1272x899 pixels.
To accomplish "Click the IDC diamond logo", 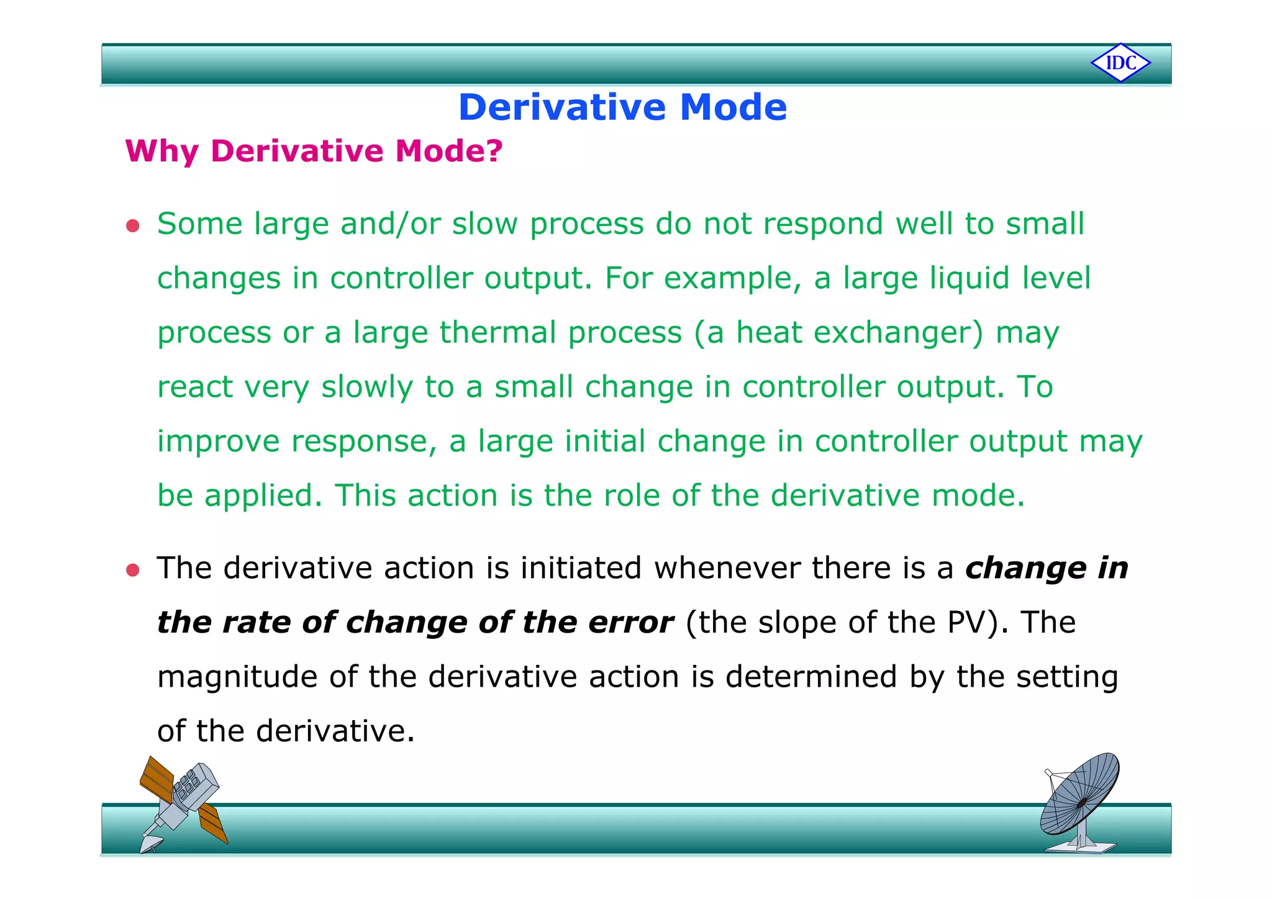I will tap(1120, 63).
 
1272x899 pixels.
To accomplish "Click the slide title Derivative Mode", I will tap(622, 107).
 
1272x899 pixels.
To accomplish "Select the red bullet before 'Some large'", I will tap(132, 225).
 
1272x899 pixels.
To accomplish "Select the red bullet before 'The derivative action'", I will tap(132, 570).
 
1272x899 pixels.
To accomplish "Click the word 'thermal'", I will tap(498, 332).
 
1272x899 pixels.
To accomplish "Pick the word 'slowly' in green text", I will tap(366, 387).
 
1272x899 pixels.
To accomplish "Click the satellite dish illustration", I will tap(1079, 801).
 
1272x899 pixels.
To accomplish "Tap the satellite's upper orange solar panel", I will tap(157, 779).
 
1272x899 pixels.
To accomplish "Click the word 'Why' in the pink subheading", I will tap(161, 151).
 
